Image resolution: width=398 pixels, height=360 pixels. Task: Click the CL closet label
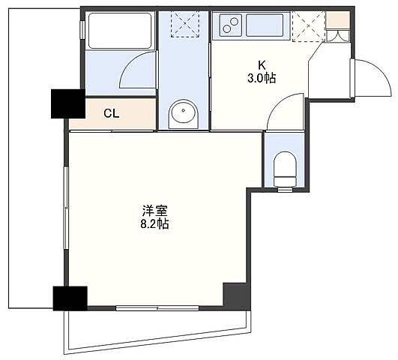click(x=112, y=113)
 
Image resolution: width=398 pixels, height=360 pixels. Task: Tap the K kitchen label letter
click(x=262, y=65)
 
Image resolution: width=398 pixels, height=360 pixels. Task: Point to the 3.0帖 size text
click(x=262, y=78)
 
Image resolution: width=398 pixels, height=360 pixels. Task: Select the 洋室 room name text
click(x=155, y=211)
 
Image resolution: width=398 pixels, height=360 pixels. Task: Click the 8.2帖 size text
click(x=155, y=223)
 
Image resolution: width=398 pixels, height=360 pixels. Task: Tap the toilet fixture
click(x=285, y=169)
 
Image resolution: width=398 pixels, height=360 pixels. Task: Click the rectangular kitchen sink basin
click(x=265, y=25)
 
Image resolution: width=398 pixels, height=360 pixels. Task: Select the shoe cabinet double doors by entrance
click(x=337, y=36)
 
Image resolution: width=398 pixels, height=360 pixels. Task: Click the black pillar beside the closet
click(x=68, y=103)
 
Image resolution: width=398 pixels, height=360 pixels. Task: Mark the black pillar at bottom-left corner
click(x=70, y=298)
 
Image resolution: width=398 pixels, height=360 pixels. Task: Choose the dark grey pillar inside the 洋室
click(x=237, y=296)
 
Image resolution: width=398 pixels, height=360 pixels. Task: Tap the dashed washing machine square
click(x=185, y=25)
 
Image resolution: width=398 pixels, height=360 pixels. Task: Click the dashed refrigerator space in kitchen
click(x=308, y=26)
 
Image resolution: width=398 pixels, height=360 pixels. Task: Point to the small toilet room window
click(x=285, y=189)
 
